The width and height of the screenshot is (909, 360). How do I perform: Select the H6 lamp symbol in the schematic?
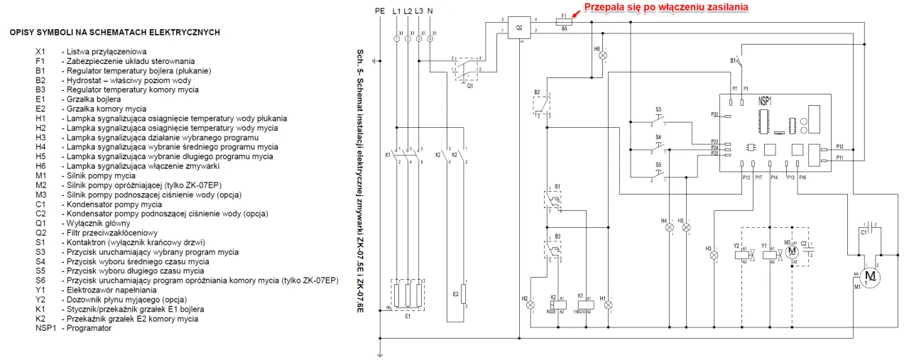click(604, 55)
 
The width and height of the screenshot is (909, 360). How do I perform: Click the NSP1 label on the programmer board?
click(766, 102)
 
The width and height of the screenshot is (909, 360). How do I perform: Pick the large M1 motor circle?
click(870, 275)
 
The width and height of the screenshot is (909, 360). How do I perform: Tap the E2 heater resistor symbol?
click(464, 294)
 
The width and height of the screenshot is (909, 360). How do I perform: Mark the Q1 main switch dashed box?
click(466, 70)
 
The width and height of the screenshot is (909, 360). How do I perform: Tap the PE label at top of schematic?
click(380, 11)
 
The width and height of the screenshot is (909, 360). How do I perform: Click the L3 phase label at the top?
click(420, 11)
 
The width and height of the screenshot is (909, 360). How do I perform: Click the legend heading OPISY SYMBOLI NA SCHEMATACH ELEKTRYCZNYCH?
click(114, 33)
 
